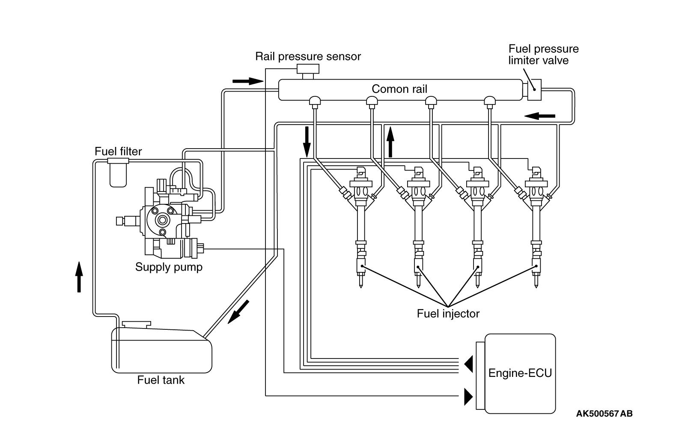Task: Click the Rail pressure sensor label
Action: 308,57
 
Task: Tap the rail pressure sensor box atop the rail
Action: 308,69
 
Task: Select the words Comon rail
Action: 399,89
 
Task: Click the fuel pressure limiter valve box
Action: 534,90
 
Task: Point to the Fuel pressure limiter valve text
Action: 543,54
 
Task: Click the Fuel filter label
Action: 118,152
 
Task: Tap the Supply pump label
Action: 169,267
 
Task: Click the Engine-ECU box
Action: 520,373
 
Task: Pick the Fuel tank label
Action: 161,380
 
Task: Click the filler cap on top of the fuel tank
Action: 137,324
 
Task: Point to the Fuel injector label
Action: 448,314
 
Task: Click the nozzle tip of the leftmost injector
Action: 361,284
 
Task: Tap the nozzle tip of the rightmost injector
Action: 536,284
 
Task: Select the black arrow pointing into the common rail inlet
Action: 248,81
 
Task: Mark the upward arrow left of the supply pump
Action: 79,277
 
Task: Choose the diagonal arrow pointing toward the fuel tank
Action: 238,312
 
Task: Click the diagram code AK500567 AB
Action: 604,414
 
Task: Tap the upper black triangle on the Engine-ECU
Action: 469,364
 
